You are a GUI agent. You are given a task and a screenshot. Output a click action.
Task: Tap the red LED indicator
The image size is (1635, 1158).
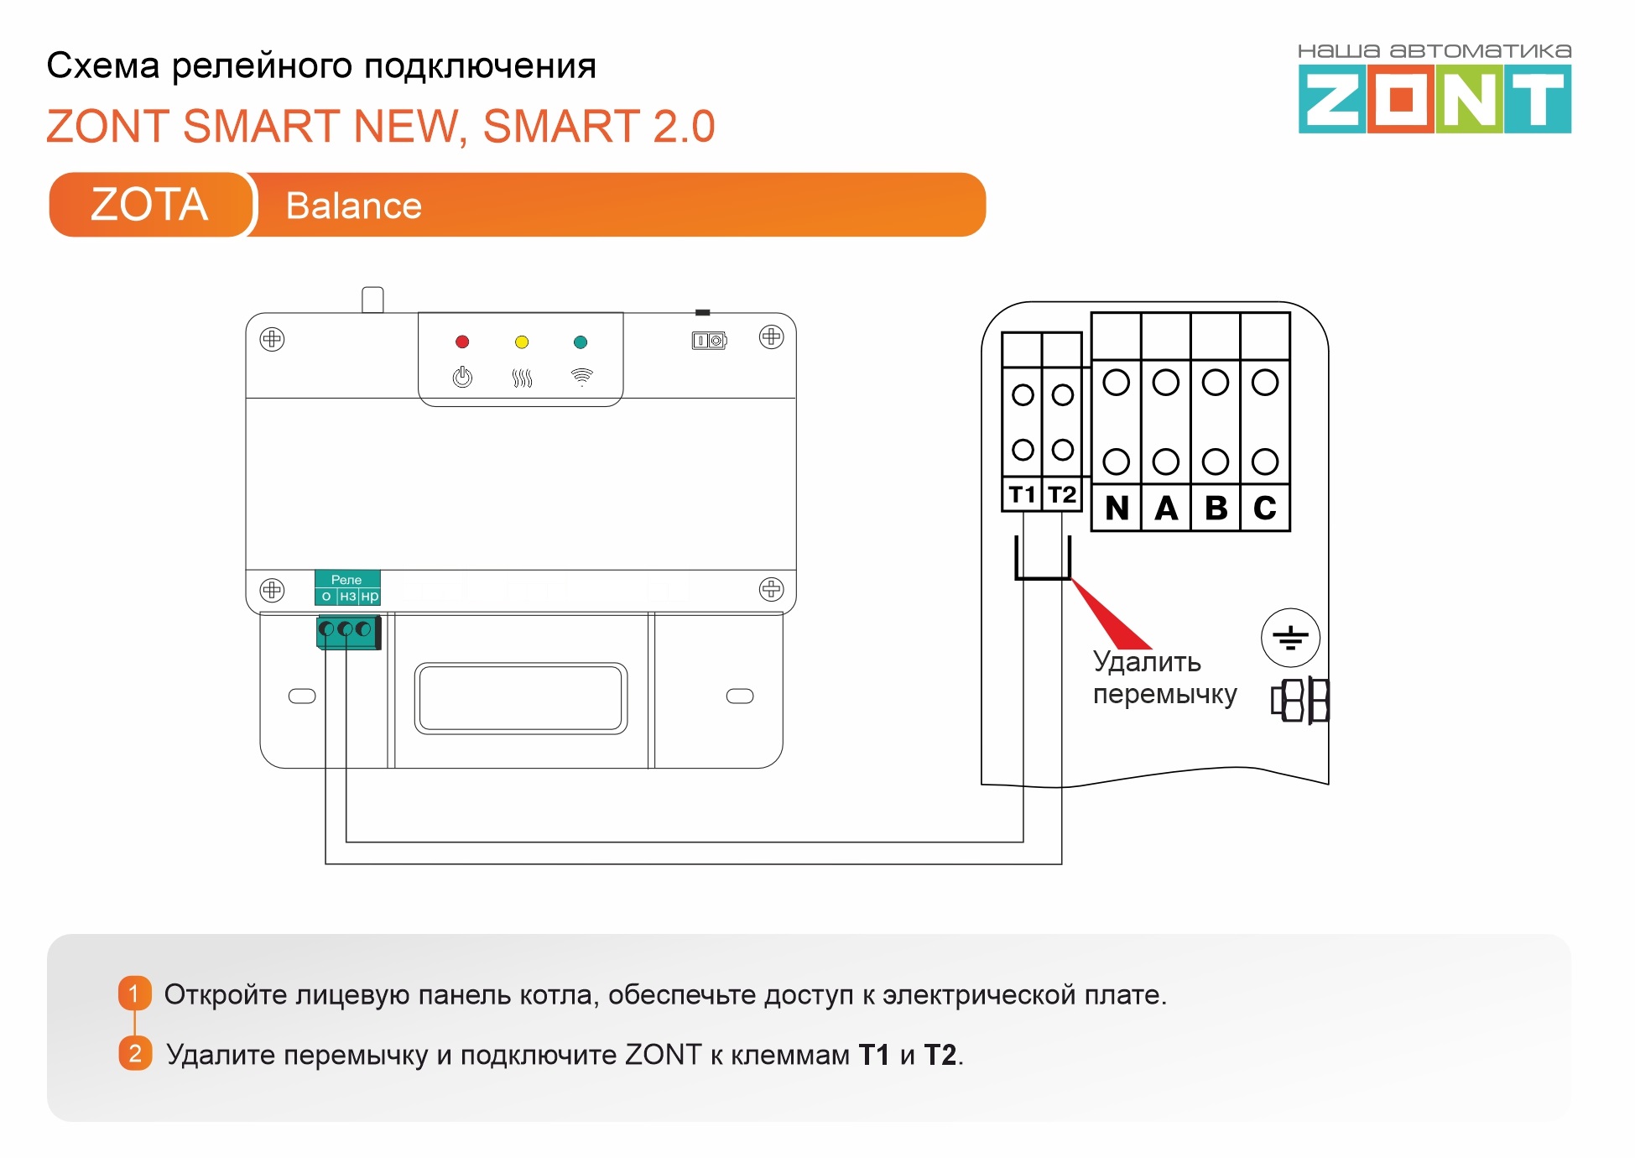(x=462, y=342)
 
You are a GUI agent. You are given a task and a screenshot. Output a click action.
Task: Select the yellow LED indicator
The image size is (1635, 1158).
(x=522, y=342)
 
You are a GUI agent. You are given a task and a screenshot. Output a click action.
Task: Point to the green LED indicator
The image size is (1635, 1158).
(x=581, y=342)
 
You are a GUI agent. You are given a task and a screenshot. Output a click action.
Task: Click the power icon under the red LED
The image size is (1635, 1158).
(x=462, y=377)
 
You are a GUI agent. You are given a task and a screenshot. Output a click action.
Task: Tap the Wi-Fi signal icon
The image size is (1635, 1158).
(x=581, y=376)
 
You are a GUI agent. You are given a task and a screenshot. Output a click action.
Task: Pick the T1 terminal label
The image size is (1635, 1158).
(x=1022, y=494)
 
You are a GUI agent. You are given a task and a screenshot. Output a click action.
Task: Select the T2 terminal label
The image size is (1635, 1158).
(x=1062, y=494)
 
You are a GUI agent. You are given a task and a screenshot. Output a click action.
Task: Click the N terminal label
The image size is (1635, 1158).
(x=1117, y=508)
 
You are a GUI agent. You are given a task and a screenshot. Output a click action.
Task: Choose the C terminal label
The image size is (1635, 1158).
(x=1265, y=508)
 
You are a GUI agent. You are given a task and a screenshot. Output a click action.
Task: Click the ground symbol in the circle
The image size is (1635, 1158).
(x=1290, y=638)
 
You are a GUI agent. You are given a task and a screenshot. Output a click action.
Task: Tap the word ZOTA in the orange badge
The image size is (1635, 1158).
(x=149, y=205)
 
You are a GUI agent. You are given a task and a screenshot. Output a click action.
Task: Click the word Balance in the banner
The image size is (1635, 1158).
(x=354, y=206)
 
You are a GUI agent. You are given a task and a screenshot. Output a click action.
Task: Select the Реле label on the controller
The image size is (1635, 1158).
(x=346, y=580)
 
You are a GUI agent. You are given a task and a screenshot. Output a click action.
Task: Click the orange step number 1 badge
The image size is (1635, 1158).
(x=134, y=994)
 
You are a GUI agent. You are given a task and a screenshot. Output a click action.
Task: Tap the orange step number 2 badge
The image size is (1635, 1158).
(x=135, y=1054)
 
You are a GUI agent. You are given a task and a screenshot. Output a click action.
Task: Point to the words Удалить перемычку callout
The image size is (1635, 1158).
(x=1164, y=679)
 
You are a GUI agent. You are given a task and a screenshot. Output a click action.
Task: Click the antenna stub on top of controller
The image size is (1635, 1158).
(x=372, y=300)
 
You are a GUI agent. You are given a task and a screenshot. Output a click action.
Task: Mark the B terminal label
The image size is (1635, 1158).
(x=1216, y=508)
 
